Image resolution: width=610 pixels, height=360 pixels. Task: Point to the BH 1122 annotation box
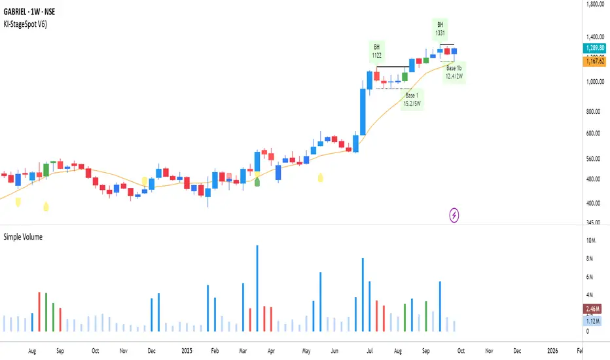click(377, 51)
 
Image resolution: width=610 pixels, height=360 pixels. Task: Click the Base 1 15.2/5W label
click(411, 99)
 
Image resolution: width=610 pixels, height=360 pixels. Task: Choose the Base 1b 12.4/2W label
click(454, 72)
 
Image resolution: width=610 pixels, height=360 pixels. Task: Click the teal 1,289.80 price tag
click(595, 48)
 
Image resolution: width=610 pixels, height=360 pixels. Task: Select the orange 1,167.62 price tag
click(595, 61)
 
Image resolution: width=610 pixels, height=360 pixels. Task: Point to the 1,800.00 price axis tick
click(595, 5)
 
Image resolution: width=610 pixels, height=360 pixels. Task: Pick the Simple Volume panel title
click(23, 237)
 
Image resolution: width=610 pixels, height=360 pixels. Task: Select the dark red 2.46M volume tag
click(595, 308)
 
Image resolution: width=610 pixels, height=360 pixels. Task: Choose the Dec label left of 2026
click(517, 350)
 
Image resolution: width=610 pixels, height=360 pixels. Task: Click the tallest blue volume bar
click(257, 288)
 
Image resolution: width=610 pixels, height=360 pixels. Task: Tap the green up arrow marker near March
click(257, 181)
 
